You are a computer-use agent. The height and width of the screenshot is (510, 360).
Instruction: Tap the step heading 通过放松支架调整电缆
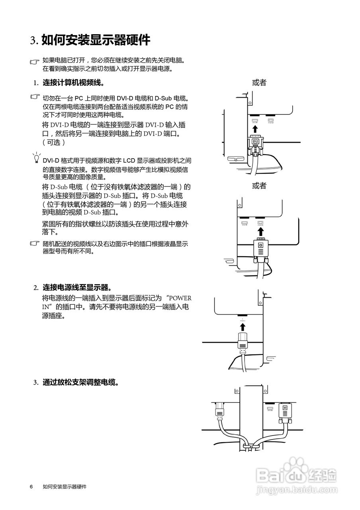click(80, 382)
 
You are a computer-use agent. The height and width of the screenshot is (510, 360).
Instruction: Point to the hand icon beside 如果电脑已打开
click(35, 62)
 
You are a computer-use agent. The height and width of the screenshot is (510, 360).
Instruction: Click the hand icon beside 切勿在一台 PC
click(35, 97)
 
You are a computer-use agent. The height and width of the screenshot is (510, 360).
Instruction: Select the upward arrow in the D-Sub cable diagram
click(260, 231)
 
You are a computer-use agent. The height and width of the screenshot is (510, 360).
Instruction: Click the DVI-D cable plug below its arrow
click(255, 145)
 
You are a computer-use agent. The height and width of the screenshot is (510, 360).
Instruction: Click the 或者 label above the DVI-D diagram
click(259, 83)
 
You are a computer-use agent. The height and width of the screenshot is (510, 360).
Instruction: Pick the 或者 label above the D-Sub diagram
click(259, 186)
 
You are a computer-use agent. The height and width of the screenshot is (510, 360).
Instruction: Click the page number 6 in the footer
click(31, 487)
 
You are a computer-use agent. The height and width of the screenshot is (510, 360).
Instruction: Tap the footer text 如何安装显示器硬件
click(65, 487)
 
